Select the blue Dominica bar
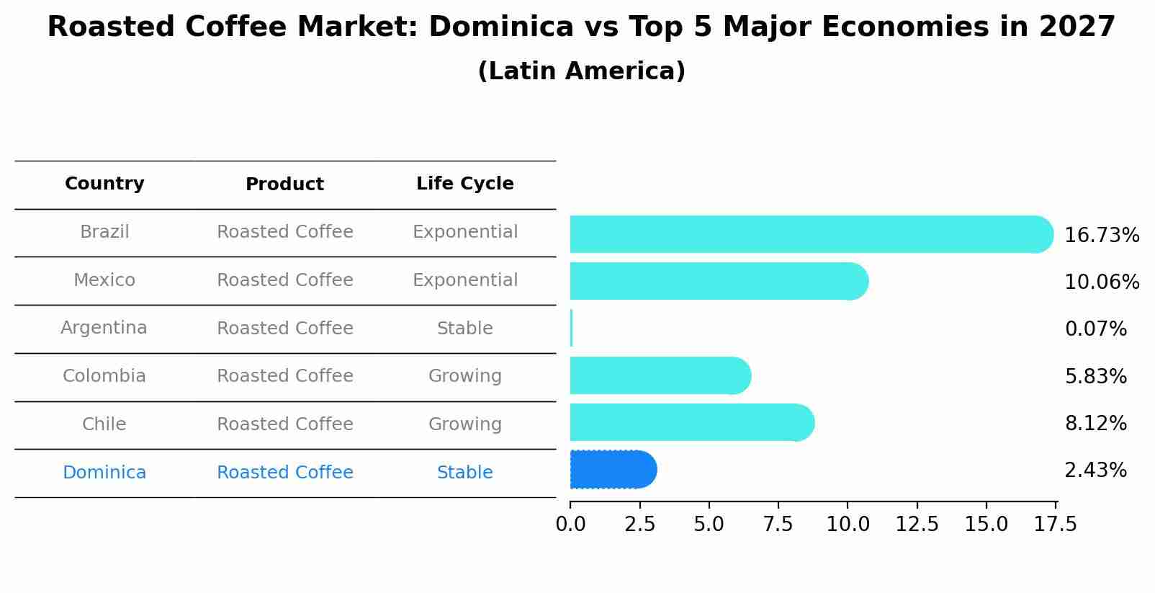pyautogui.click(x=612, y=470)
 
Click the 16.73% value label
pyautogui.click(x=1101, y=236)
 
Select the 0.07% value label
pyautogui.click(x=1095, y=329)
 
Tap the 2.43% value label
pyautogui.click(x=1095, y=471)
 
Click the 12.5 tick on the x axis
pyautogui.click(x=917, y=525)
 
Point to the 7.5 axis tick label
pyautogui.click(x=778, y=525)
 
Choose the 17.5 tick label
pyautogui.click(x=1055, y=525)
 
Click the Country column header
pyautogui.click(x=104, y=184)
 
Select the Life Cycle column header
pyautogui.click(x=464, y=184)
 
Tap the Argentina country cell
pyautogui.click(x=104, y=329)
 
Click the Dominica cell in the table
pyautogui.click(x=104, y=473)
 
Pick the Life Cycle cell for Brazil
pyautogui.click(x=464, y=232)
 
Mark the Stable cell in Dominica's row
pyautogui.click(x=464, y=473)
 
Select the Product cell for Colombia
pyautogui.click(x=284, y=376)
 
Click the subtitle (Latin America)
pyautogui.click(x=581, y=71)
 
